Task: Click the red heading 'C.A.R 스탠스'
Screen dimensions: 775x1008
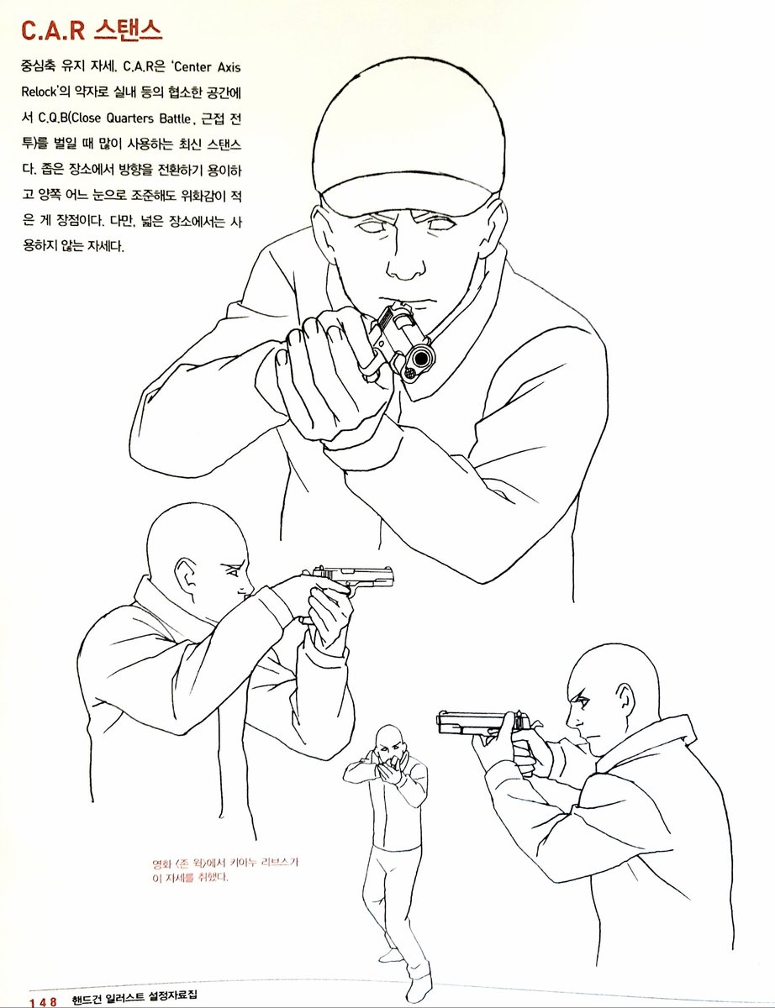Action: click(x=92, y=32)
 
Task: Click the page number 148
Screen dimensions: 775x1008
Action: click(x=43, y=1001)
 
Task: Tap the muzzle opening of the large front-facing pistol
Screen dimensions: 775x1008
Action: click(x=421, y=358)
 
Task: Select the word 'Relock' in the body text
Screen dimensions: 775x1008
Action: click(x=39, y=92)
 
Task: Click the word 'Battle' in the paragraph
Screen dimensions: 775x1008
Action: click(x=175, y=118)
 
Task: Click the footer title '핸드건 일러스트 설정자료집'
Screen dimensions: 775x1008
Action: click(x=134, y=995)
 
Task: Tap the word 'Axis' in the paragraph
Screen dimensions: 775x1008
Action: click(x=229, y=67)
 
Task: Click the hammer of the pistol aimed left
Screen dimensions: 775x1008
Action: click(x=535, y=724)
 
